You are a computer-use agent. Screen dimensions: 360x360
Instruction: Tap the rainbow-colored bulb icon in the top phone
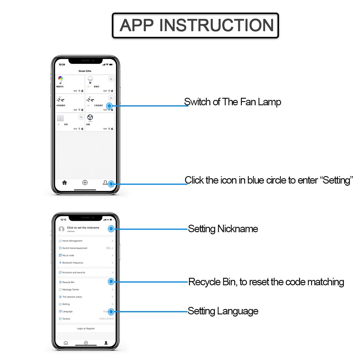(60, 80)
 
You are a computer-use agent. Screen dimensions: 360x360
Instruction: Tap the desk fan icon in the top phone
(90, 117)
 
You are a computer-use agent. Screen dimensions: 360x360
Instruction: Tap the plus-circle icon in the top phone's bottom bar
(85, 182)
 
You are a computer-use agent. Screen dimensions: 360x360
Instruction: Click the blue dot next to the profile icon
(111, 184)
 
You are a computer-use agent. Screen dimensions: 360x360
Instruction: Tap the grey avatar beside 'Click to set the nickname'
(62, 229)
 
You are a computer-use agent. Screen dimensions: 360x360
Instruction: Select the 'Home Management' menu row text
(72, 241)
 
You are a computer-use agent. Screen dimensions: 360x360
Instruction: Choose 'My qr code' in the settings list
(68, 256)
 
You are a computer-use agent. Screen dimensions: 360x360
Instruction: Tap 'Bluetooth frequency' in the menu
(73, 263)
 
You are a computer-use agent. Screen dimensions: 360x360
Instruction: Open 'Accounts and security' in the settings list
(73, 272)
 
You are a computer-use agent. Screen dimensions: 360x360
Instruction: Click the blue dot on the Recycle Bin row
(111, 281)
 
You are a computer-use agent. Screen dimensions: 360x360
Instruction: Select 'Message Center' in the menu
(71, 289)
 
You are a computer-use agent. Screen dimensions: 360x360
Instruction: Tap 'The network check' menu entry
(72, 297)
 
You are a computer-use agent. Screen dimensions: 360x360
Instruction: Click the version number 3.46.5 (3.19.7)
(106, 319)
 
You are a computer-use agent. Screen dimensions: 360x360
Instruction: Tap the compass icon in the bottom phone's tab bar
(86, 343)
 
